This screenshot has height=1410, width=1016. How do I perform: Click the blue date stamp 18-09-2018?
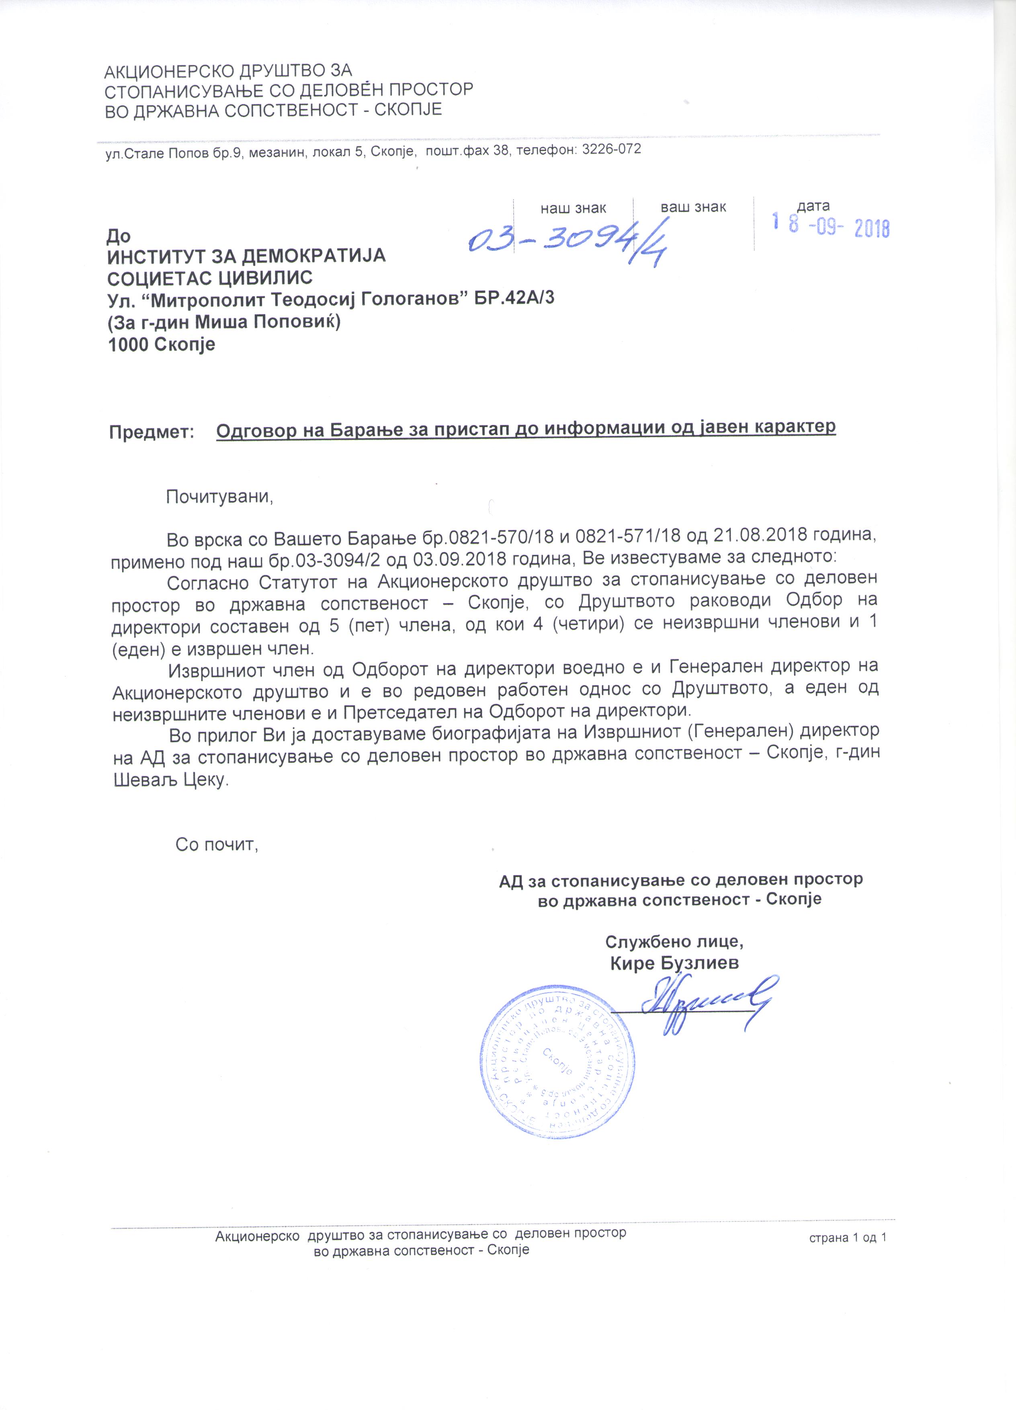(x=830, y=227)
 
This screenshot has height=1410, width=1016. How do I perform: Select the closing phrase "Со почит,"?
(x=216, y=844)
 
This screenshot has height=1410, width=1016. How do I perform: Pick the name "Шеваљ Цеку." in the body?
(x=171, y=780)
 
